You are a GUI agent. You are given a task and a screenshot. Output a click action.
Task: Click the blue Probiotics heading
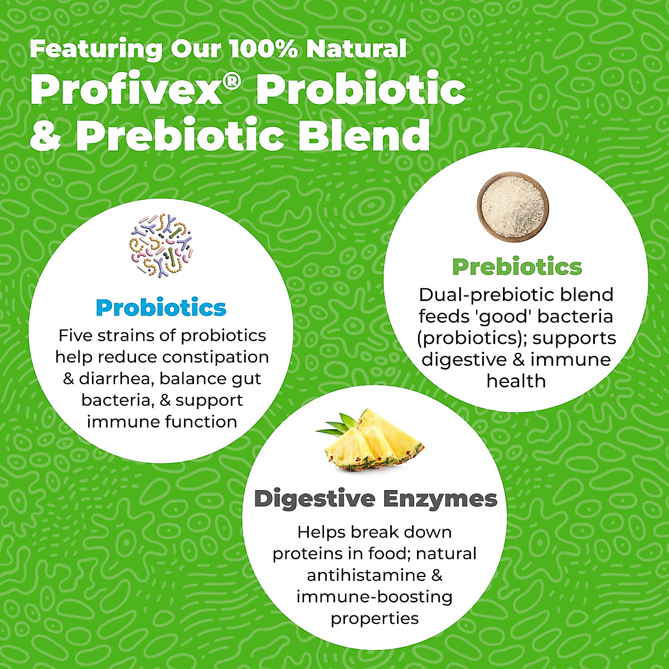point(161,308)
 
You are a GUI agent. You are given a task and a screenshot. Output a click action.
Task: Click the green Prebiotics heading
point(517,267)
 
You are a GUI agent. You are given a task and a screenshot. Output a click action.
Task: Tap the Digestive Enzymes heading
point(376,499)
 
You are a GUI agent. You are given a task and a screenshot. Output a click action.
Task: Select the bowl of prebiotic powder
point(513,207)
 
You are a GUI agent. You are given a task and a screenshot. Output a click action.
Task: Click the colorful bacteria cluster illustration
point(161,245)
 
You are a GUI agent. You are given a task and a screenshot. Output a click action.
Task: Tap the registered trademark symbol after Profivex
point(231,83)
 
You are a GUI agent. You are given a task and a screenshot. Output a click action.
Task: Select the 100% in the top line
point(263,49)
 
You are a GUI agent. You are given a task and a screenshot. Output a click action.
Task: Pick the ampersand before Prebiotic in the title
point(46,136)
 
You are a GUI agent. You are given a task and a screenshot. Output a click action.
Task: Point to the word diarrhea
point(117,379)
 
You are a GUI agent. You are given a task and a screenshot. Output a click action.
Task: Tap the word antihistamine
point(363,575)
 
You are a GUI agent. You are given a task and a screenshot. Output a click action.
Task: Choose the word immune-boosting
point(374,597)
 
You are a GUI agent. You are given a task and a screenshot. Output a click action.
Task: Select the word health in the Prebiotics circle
point(516,381)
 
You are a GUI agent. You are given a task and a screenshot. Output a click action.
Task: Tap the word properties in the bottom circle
point(375,619)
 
